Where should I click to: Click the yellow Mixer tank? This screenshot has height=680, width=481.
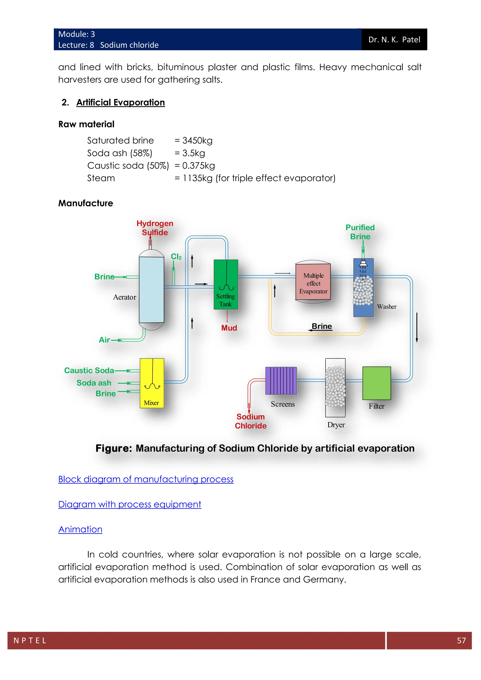[152, 383]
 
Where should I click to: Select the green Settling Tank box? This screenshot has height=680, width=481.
[226, 284]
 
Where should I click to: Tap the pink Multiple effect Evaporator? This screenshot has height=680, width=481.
[313, 282]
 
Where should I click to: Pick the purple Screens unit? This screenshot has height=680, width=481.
[281, 381]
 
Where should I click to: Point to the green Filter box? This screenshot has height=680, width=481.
[376, 383]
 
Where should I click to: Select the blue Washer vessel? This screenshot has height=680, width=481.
[363, 287]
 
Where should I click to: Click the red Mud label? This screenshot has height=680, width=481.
[229, 328]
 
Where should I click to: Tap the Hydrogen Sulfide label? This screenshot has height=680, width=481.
[155, 228]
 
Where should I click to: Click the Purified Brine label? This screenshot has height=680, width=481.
[360, 232]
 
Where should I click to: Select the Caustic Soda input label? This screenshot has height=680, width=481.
[89, 371]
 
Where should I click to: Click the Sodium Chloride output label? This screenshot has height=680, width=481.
[251, 421]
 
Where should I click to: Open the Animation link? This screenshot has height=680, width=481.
[80, 529]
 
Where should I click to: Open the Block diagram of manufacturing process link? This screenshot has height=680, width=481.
[146, 479]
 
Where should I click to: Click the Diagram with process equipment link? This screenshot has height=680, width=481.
[130, 504]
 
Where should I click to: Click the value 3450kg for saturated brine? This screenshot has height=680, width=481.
[197, 140]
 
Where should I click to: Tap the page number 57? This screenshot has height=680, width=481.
[461, 641]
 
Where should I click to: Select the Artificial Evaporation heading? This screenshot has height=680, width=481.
[120, 102]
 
